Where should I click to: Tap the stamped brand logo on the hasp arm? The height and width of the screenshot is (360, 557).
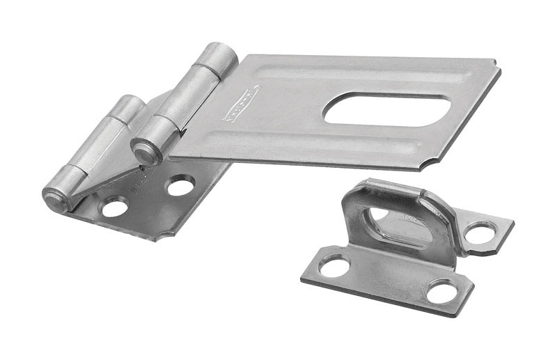coord(241,103)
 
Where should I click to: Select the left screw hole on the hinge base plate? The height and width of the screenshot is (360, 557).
coord(115,206)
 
